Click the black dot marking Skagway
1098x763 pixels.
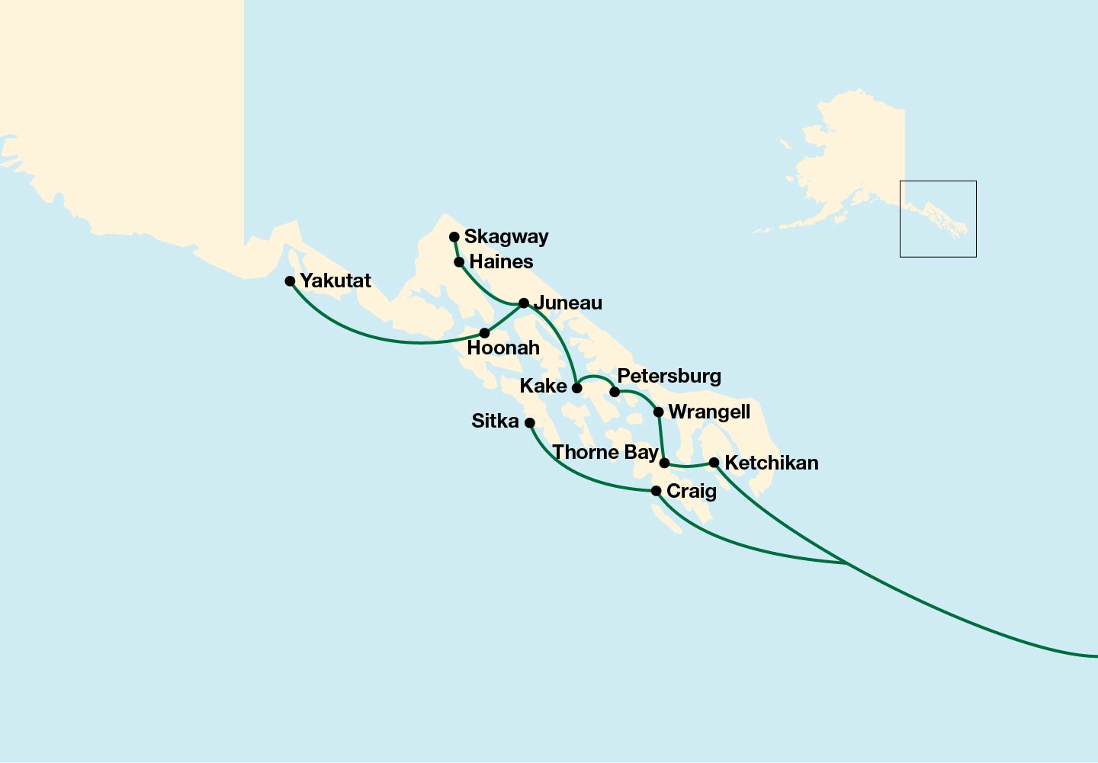pyautogui.click(x=454, y=237)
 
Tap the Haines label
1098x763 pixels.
pyautogui.click(x=501, y=262)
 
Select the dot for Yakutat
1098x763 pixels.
pyautogui.click(x=290, y=281)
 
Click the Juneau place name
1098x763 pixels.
pyautogui.click(x=568, y=303)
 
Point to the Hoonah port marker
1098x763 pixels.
pyautogui.click(x=484, y=333)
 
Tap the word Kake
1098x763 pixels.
pyautogui.click(x=543, y=386)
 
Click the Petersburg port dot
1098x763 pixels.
pyautogui.click(x=615, y=393)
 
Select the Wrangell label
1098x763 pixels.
pyautogui.click(x=709, y=412)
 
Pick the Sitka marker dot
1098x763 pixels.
pyautogui.click(x=530, y=423)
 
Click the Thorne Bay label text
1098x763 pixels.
pyautogui.click(x=605, y=453)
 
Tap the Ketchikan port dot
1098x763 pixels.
pyautogui.click(x=714, y=463)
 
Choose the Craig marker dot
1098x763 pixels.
pyautogui.click(x=656, y=491)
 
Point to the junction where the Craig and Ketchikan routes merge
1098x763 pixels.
pyautogui.click(x=846, y=563)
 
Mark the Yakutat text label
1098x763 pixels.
pyautogui.click(x=335, y=281)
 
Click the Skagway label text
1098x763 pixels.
pyautogui.click(x=506, y=237)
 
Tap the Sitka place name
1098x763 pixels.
pyautogui.click(x=495, y=422)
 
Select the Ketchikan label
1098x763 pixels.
pyautogui.click(x=771, y=463)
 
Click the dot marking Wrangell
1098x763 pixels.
pyautogui.click(x=659, y=412)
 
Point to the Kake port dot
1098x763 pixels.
pyautogui.click(x=577, y=388)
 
